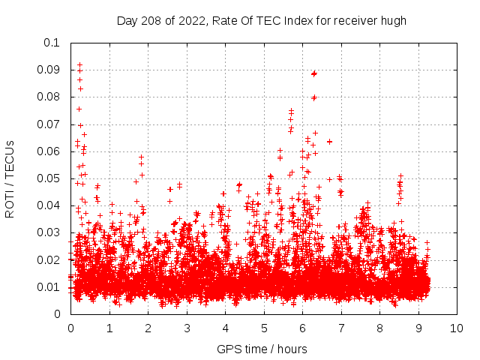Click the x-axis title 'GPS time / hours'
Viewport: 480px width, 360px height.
click(262, 349)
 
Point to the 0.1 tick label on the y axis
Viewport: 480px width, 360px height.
click(52, 43)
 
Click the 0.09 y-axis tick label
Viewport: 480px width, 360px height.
click(49, 70)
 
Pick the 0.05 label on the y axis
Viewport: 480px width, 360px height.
click(49, 178)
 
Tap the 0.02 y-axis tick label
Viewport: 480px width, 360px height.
click(49, 260)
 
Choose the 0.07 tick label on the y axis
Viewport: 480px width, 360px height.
click(49, 124)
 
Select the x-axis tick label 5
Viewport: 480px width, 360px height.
click(264, 328)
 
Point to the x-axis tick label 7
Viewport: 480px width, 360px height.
click(341, 328)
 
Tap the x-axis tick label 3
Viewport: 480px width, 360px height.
click(187, 328)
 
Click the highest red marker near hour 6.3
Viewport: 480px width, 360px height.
click(314, 73)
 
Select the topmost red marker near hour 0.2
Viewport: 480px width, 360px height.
click(80, 65)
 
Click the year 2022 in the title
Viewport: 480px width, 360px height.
click(190, 20)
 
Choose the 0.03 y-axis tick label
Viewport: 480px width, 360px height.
click(49, 233)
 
